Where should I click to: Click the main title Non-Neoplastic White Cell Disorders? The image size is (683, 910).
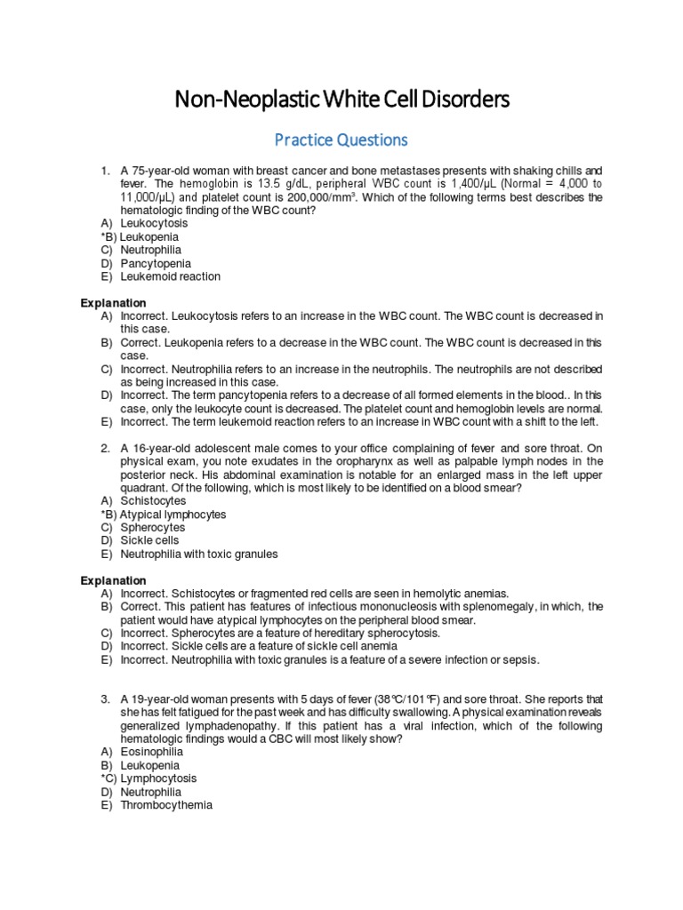[341, 100]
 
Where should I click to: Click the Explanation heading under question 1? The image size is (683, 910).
[114, 303]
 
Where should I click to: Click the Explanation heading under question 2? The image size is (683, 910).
[114, 580]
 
